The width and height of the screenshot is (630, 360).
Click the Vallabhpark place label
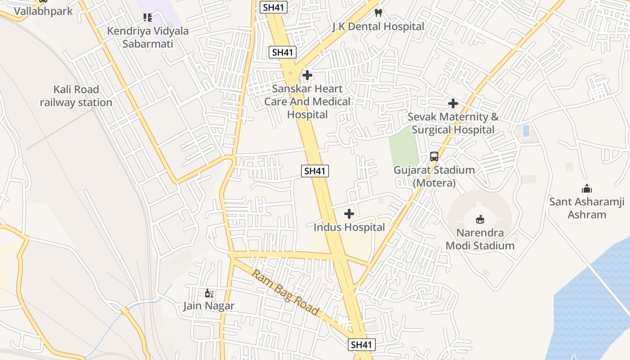pyautogui.click(x=43, y=11)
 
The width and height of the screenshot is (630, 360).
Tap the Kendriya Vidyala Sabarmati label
pyautogui.click(x=148, y=37)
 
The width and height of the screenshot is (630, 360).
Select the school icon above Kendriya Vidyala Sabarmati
pyautogui.click(x=148, y=18)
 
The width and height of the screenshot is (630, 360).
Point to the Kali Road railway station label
pyautogui.click(x=76, y=96)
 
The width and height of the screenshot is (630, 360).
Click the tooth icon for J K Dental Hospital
pyautogui.click(x=378, y=13)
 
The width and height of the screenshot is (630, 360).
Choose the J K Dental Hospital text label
pyautogui.click(x=378, y=27)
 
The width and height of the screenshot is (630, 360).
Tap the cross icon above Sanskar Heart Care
pyautogui.click(x=307, y=75)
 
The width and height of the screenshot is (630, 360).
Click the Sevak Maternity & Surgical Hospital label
pyautogui.click(x=453, y=123)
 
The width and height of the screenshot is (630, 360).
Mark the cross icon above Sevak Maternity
pyautogui.click(x=453, y=103)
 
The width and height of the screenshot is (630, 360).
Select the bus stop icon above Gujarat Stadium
pyautogui.click(x=434, y=157)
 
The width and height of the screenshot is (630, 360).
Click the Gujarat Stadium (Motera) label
pyautogui.click(x=434, y=176)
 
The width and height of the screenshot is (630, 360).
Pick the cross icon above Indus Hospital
pyautogui.click(x=349, y=214)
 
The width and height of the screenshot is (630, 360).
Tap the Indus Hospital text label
pyautogui.click(x=349, y=227)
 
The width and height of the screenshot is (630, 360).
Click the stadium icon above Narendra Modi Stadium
pyautogui.click(x=480, y=219)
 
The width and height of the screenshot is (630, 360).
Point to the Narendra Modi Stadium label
pyautogui.click(x=480, y=239)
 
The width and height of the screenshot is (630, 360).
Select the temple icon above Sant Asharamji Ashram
pyautogui.click(x=586, y=189)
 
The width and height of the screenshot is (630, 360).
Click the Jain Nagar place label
pyautogui.click(x=209, y=306)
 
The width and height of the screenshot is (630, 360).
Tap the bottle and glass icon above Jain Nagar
pyautogui.click(x=209, y=293)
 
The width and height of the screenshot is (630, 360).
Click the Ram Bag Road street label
pyautogui.click(x=286, y=292)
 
